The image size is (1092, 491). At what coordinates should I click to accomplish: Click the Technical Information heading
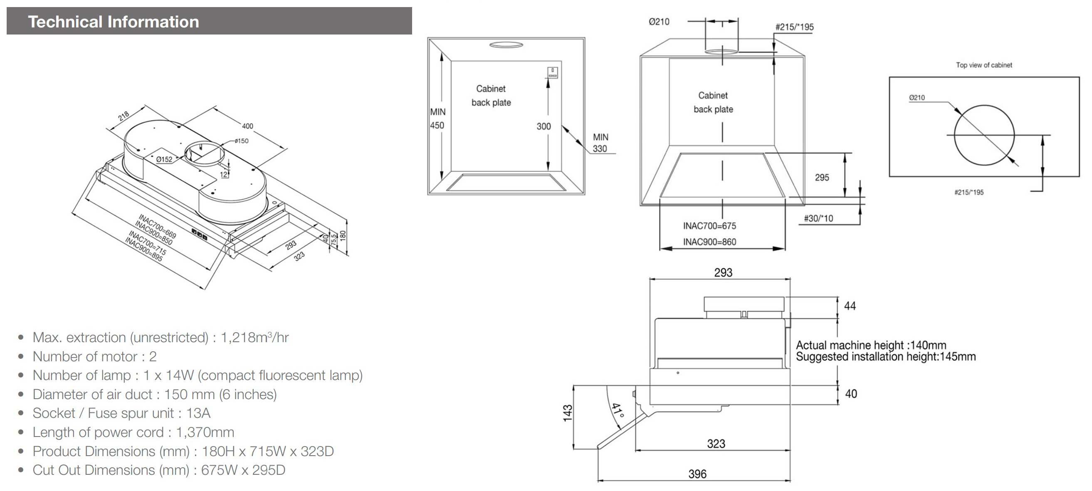[x=113, y=22]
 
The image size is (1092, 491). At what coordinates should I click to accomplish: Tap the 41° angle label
[x=617, y=410]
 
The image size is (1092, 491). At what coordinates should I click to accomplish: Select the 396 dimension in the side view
[x=697, y=474]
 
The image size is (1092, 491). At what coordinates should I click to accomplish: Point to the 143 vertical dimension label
[x=568, y=413]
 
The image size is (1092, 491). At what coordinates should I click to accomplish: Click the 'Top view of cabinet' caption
[x=983, y=65]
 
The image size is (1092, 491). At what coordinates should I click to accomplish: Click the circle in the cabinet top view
[x=984, y=135]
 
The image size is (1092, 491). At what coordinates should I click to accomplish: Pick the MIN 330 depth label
[x=600, y=143]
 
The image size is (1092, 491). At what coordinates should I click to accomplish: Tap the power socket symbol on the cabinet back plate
[x=552, y=72]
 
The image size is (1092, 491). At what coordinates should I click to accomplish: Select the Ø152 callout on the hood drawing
[x=164, y=159]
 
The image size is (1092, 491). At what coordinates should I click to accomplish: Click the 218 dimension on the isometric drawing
[x=124, y=116]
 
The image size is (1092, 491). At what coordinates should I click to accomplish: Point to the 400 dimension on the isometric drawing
[x=247, y=126]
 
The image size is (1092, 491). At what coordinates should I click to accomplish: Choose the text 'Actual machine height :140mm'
[x=871, y=345]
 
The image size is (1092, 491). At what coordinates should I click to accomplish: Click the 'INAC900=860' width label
[x=709, y=242]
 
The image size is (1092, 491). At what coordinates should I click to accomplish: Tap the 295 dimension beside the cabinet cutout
[x=822, y=178]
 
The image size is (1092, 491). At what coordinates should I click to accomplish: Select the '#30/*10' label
[x=818, y=219]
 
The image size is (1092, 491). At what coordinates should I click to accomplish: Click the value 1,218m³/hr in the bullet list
[x=254, y=337]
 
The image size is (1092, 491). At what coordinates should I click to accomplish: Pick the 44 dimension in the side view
[x=850, y=306]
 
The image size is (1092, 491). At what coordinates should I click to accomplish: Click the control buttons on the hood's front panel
[x=199, y=234]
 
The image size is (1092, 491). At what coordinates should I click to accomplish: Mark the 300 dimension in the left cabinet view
[x=544, y=126]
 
